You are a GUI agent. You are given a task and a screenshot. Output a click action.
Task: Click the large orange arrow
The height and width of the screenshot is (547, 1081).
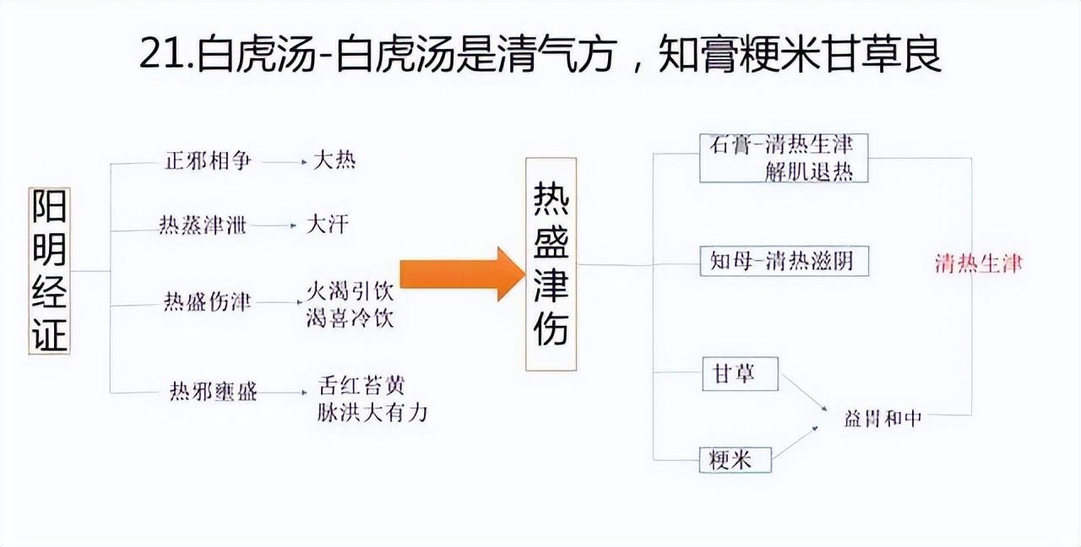[461, 273]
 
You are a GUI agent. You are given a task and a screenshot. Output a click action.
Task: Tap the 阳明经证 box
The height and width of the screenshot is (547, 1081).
[49, 270]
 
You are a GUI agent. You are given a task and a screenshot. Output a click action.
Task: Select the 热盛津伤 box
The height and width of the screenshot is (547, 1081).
[551, 264]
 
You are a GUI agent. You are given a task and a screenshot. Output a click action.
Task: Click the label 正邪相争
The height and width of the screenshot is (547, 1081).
[207, 160]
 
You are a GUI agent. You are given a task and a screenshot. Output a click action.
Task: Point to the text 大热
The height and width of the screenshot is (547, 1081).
[334, 160]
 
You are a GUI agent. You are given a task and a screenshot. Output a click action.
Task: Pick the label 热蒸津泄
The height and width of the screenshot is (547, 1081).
[203, 226]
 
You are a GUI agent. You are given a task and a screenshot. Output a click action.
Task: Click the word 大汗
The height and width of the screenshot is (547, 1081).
[326, 225]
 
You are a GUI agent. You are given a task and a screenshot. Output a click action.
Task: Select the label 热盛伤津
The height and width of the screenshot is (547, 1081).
[207, 303]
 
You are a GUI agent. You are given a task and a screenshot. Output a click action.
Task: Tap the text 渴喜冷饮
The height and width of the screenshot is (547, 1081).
[350, 319]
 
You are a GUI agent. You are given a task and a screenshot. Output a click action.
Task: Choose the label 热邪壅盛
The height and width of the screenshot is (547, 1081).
[214, 391]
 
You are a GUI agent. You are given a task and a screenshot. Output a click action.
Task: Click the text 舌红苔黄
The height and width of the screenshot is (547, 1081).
[361, 386]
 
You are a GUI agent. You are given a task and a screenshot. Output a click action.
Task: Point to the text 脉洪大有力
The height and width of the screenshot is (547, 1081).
[372, 412]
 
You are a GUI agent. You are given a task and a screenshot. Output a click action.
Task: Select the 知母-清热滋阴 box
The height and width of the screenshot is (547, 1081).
[784, 261]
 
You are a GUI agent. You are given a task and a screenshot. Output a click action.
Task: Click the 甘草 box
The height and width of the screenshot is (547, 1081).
[740, 374]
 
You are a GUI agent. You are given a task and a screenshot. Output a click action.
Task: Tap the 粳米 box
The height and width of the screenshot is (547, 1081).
[736, 459]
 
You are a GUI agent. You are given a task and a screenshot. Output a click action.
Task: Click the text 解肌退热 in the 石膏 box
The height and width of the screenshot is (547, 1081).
[808, 171]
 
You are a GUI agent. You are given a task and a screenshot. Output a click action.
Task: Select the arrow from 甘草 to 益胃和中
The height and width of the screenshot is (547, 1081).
[803, 393]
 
